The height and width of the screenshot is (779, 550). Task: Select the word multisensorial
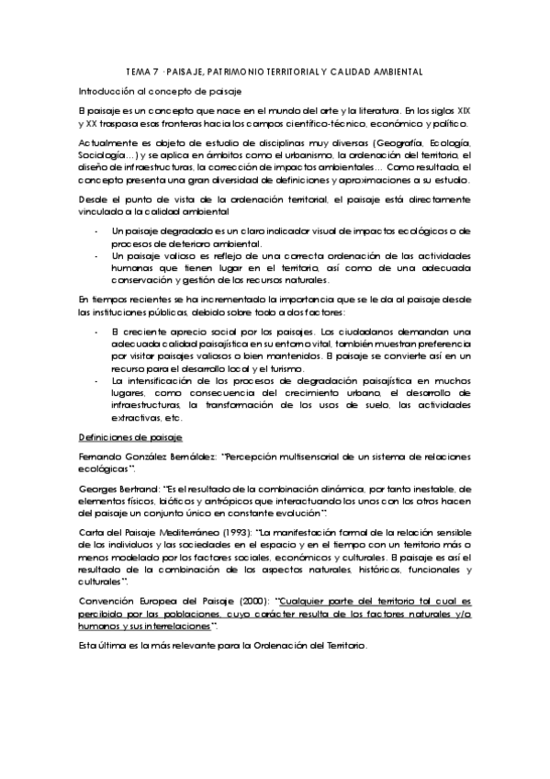click(x=307, y=456)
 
